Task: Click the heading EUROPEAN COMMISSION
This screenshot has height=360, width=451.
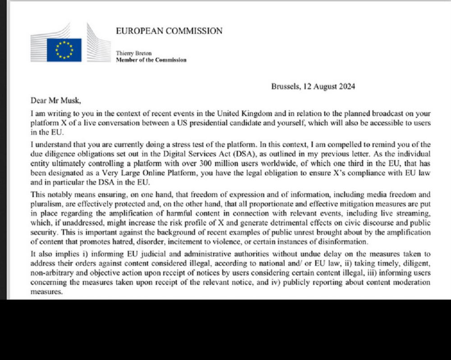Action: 169,31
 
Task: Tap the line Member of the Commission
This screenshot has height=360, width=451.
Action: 151,60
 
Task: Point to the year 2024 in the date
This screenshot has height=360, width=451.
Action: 346,87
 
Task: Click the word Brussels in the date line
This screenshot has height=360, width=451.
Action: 285,87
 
